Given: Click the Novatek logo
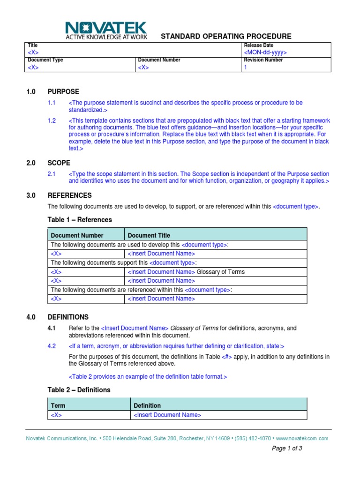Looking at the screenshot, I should pos(106,30).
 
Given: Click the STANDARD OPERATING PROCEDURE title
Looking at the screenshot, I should pos(226,36).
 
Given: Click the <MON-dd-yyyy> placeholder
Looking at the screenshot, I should pos(265,52).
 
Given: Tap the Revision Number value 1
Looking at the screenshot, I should pos(245,67).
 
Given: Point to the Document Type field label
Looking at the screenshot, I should pos(45,60).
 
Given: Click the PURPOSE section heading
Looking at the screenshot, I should pos(63,91).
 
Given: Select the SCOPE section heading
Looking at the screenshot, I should pos(59,163).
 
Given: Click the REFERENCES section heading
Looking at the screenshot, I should pos(70,195).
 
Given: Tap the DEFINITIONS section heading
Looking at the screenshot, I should pos(68,317).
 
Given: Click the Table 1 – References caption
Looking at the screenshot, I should pos(80,219).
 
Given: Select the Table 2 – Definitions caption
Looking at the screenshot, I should pos(79,390).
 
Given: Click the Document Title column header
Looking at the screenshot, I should pos(149,235).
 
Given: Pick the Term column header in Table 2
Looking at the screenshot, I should pos(58,405).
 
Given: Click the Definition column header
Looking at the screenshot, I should pos(147,405).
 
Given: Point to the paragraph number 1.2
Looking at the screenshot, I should pos(52,120).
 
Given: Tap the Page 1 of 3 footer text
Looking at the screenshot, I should pos(287,448).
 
